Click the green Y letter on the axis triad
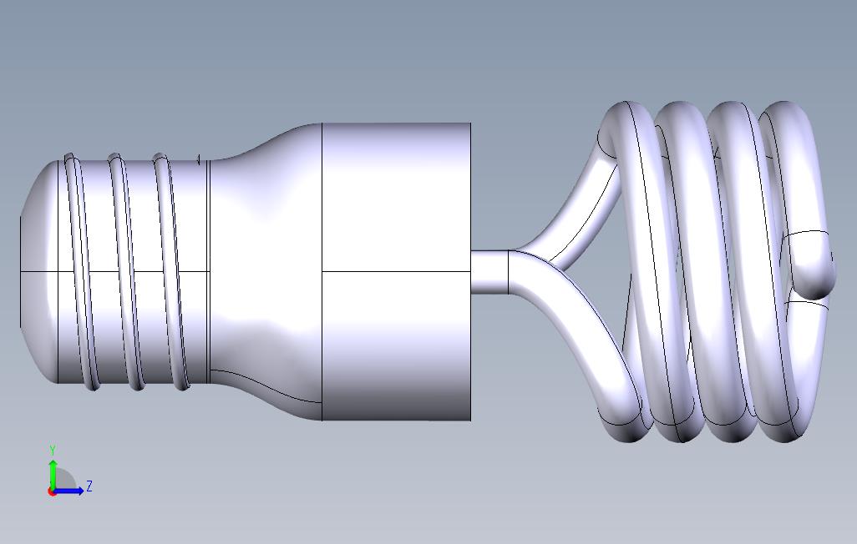(53, 451)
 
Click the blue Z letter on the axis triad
(89, 486)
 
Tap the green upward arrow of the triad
(53, 472)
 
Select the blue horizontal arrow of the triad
(72, 491)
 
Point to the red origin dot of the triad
(52, 491)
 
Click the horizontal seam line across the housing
(397, 271)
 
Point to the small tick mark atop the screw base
(199, 159)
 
